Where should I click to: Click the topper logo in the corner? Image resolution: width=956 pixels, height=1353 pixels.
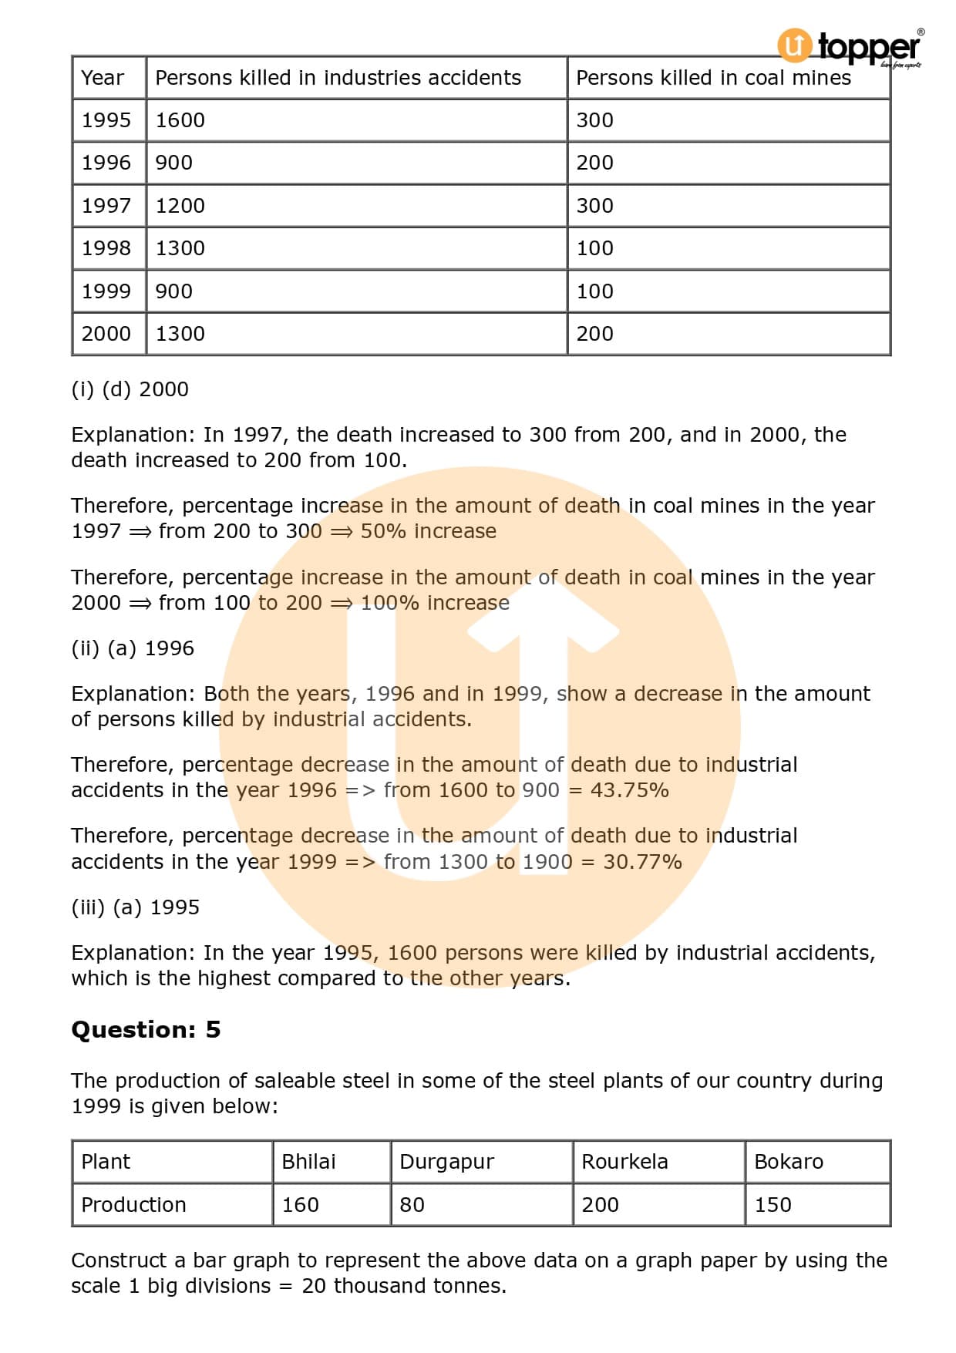click(849, 47)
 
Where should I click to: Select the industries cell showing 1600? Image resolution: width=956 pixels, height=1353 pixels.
click(180, 120)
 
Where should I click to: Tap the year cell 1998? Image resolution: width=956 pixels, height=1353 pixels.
click(106, 248)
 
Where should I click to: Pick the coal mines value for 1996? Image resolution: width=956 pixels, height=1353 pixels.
click(594, 163)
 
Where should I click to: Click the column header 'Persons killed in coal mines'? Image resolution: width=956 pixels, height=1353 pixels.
click(713, 78)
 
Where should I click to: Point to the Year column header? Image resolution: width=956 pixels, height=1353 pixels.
click(103, 78)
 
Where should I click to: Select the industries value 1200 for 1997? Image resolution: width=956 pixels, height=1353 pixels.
click(180, 206)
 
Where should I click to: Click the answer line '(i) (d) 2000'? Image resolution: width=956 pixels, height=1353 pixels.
click(130, 389)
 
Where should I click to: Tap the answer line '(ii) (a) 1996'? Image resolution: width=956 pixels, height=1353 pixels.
click(133, 648)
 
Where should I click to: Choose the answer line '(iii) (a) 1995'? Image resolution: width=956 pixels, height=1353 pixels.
click(135, 907)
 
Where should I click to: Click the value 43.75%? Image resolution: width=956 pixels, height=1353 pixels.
click(629, 790)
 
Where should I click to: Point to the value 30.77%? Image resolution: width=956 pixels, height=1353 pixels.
click(642, 862)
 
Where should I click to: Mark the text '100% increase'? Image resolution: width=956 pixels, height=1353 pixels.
click(435, 603)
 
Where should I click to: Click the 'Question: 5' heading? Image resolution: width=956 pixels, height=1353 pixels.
click(146, 1030)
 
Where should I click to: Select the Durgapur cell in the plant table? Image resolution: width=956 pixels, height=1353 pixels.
click(446, 1162)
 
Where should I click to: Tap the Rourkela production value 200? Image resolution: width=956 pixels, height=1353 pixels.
click(600, 1205)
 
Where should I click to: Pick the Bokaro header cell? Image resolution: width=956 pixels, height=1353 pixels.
click(788, 1162)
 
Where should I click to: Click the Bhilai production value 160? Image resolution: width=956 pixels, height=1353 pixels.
click(300, 1205)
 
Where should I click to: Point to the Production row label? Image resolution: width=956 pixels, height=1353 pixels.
click(133, 1205)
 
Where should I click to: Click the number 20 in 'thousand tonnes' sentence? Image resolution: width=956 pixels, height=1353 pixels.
click(314, 1286)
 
